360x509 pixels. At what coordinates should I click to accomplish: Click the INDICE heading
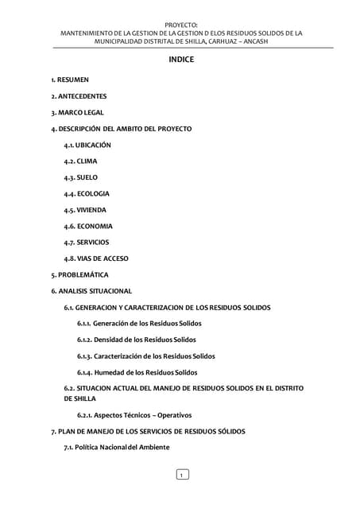click(180, 60)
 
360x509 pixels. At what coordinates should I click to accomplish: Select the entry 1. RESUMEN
click(70, 80)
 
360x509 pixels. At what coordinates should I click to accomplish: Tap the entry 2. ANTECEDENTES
click(79, 96)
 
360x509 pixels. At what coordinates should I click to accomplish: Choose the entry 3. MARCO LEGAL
click(77, 112)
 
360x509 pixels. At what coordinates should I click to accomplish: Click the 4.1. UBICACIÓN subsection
click(87, 145)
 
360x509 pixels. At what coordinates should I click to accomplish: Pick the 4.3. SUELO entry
click(81, 177)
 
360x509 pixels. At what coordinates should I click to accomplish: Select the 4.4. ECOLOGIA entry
click(87, 193)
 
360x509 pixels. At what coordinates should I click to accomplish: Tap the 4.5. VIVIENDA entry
click(85, 210)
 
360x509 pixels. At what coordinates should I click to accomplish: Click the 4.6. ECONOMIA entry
click(88, 226)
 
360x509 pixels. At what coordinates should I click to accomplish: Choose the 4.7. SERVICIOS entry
click(87, 242)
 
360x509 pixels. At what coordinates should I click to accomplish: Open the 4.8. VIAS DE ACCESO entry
click(96, 258)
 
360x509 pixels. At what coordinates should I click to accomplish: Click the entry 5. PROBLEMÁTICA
click(79, 274)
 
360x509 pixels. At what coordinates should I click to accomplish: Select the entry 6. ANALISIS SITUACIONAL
click(91, 291)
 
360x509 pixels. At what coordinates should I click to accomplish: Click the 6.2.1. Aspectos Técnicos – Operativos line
click(134, 415)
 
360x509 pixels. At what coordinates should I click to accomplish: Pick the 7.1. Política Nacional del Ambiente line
click(117, 447)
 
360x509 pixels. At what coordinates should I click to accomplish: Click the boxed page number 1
click(181, 475)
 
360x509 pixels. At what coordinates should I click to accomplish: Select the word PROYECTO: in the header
click(181, 25)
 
